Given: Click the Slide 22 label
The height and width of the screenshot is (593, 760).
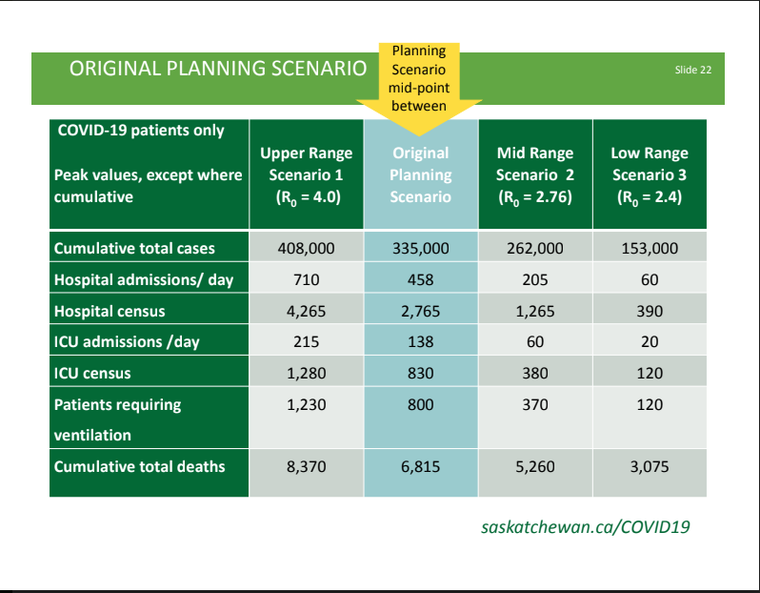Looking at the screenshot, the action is click(693, 70).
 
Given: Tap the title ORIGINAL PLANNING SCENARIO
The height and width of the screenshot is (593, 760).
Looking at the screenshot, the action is click(218, 69).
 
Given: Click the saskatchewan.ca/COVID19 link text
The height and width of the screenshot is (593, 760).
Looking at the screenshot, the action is click(586, 527).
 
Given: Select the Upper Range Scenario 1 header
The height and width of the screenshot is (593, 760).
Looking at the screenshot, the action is click(307, 174).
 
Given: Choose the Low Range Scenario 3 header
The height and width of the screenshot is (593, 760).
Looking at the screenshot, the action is click(650, 174).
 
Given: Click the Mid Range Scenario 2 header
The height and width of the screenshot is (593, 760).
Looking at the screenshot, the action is click(535, 174).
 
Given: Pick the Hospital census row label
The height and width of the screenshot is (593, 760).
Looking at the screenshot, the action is click(110, 311).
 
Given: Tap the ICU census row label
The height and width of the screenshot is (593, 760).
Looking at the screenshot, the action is click(92, 373).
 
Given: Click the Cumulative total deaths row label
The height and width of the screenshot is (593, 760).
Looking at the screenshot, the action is click(140, 466).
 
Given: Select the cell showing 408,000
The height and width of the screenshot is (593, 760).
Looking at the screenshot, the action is click(307, 249).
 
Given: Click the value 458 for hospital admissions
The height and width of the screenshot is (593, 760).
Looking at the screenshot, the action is click(421, 280).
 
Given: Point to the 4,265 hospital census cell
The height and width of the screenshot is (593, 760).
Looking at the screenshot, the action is click(307, 311).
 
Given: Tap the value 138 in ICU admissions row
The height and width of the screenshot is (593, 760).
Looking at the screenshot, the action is click(421, 342).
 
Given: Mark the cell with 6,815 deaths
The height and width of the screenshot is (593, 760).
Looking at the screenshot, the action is click(421, 467).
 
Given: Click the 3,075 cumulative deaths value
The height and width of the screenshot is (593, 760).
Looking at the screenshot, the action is click(650, 467).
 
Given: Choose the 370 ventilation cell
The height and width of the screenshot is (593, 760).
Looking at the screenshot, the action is click(535, 405).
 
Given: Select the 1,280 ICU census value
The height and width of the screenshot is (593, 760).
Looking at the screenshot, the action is click(307, 373).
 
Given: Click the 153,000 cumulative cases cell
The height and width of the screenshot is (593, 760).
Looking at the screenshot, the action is click(650, 249).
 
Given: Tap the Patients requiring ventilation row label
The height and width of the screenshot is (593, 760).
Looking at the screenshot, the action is click(117, 419).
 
